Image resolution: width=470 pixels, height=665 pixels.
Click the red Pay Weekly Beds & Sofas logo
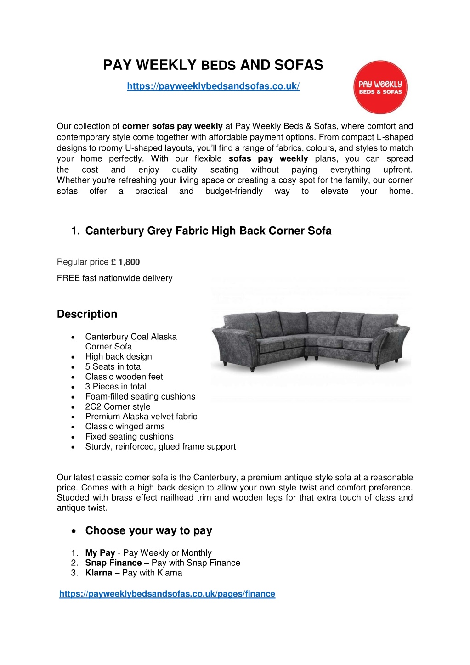click(x=380, y=87)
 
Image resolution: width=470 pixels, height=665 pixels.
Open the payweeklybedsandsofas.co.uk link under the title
click(x=213, y=86)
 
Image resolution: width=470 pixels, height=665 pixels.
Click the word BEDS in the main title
click(x=218, y=66)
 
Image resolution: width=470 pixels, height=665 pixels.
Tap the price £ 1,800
click(x=125, y=262)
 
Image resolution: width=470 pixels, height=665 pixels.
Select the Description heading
click(x=87, y=314)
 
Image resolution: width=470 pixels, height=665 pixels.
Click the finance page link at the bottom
click(x=167, y=594)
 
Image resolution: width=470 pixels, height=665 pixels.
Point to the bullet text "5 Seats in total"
click(x=114, y=366)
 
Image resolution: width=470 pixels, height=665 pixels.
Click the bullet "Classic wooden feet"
click(x=124, y=377)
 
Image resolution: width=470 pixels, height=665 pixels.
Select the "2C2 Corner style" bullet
click(x=118, y=406)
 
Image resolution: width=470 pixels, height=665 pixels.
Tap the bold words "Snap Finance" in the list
click(x=113, y=563)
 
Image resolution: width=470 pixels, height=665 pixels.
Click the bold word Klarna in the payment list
click(x=99, y=573)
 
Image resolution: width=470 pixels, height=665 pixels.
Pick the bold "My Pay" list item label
click(x=100, y=553)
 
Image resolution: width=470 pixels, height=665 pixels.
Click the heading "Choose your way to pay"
click(x=148, y=531)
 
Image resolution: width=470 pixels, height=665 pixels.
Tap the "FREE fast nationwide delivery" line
click(x=115, y=278)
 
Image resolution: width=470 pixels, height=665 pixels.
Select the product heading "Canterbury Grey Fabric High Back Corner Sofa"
click(x=208, y=231)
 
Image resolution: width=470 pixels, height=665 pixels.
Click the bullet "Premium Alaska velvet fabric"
click(x=141, y=417)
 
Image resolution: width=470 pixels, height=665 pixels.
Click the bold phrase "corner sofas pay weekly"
click(x=172, y=126)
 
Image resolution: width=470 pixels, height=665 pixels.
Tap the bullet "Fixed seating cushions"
click(x=129, y=437)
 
